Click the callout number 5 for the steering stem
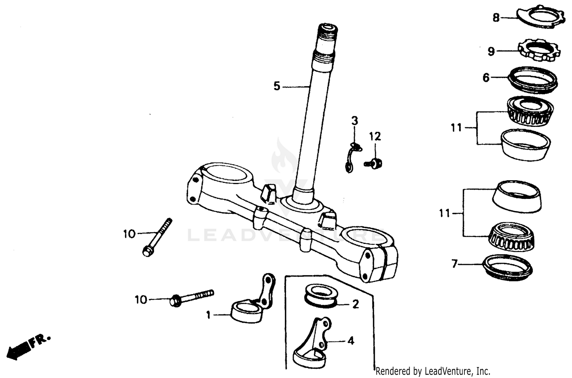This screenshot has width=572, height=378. (276, 86)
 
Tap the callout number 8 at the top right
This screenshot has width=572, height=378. (496, 18)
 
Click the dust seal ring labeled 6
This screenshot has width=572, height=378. (533, 80)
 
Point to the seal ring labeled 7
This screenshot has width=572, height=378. (507, 267)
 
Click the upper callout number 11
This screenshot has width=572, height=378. (456, 128)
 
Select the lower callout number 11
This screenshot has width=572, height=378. (445, 213)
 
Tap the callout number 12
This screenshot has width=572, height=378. (375, 136)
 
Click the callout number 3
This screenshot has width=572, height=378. (355, 121)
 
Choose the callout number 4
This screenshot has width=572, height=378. (351, 340)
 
